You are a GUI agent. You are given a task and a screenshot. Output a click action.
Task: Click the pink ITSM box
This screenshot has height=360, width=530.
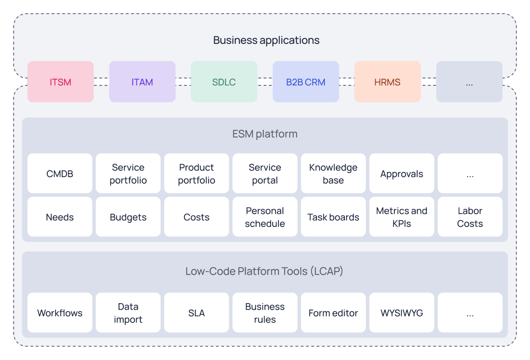click(60, 82)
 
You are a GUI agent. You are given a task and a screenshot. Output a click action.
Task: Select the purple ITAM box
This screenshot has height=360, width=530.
click(142, 82)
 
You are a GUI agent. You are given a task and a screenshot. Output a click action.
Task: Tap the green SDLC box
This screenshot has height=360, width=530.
click(224, 82)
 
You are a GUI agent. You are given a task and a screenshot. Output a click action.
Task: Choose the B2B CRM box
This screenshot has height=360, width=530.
click(305, 82)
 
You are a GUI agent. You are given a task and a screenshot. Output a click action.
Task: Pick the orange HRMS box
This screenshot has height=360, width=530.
click(387, 82)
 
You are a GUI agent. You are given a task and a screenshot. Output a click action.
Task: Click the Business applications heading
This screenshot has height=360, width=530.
click(266, 40)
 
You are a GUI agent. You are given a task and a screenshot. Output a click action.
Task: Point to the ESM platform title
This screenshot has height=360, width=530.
click(265, 134)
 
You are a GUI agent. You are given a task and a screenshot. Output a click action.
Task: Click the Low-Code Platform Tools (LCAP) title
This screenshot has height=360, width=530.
click(264, 271)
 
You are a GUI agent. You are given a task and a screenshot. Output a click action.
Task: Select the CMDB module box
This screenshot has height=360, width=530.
click(60, 174)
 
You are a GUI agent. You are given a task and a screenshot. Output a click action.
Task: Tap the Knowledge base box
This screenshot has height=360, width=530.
click(333, 174)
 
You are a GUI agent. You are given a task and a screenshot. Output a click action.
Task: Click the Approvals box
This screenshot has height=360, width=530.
click(401, 174)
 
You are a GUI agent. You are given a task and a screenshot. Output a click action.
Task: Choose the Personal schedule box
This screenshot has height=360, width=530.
click(265, 217)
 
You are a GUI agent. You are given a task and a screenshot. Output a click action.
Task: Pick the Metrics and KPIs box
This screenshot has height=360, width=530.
click(401, 217)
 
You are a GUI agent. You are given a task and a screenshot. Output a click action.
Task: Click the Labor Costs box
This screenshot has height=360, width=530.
click(470, 217)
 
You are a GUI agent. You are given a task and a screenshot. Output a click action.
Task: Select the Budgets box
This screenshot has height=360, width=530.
click(128, 217)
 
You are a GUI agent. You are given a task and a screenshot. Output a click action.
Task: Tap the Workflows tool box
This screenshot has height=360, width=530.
click(60, 313)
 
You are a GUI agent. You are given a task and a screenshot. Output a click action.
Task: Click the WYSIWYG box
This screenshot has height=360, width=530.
click(401, 313)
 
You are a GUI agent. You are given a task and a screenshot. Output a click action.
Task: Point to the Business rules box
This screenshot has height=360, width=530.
click(265, 313)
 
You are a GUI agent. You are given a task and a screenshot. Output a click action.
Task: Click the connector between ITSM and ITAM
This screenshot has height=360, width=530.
click(101, 82)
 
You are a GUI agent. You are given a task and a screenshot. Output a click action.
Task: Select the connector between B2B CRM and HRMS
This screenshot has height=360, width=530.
click(347, 82)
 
